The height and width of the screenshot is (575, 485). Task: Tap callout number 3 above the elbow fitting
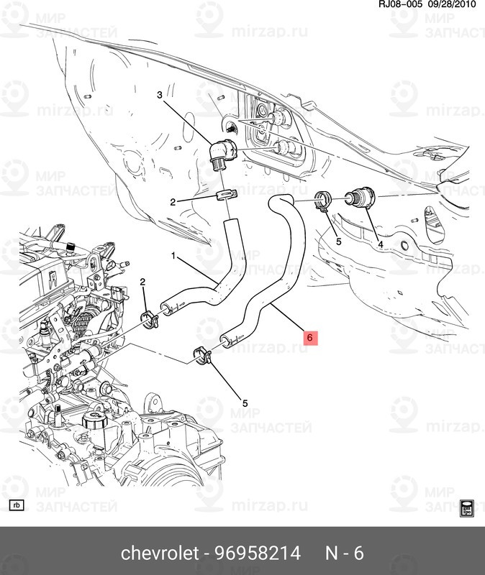[x=161, y=96]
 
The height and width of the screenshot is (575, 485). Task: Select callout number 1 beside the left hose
[x=173, y=255]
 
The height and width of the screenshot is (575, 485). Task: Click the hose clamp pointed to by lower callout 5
[x=203, y=354]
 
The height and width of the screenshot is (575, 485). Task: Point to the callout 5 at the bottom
[x=245, y=403]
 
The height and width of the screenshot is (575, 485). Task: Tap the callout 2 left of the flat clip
[x=173, y=203]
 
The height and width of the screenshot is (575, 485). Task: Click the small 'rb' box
[x=17, y=505]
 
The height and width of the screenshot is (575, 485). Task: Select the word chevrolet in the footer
[x=158, y=553]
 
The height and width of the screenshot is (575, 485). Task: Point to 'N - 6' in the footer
[x=344, y=553]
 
